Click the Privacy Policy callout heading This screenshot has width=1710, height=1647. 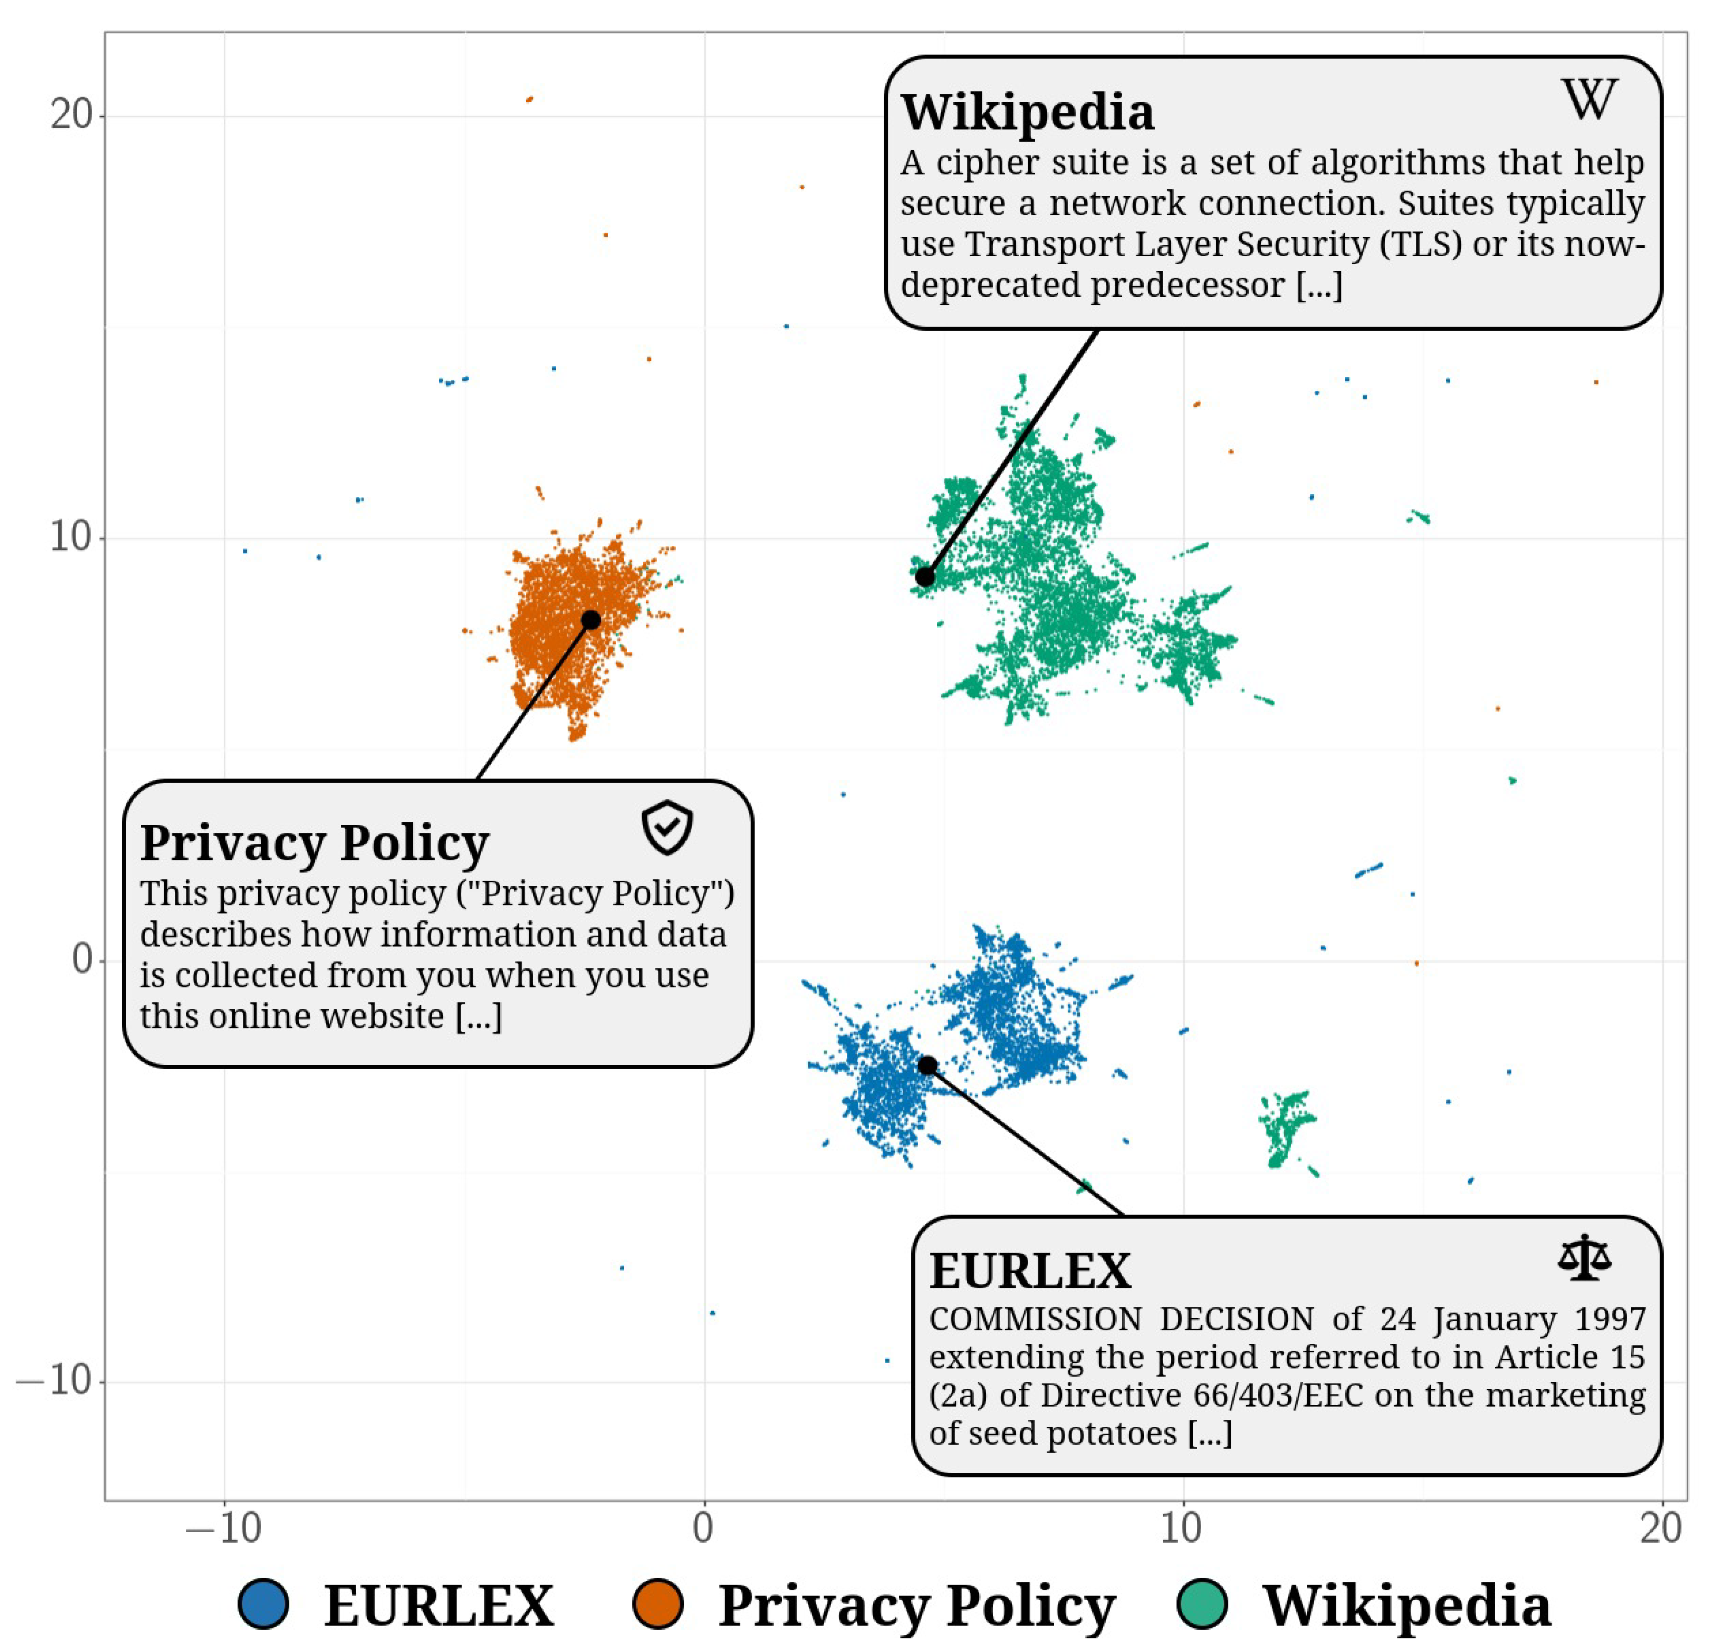point(314,843)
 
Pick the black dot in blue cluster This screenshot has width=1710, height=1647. point(927,1065)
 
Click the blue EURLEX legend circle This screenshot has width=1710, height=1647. point(263,1603)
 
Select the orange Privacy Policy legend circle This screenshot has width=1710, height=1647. point(657,1603)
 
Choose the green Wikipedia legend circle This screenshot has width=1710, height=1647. point(1202,1603)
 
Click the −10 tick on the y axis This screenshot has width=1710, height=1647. point(54,1381)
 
